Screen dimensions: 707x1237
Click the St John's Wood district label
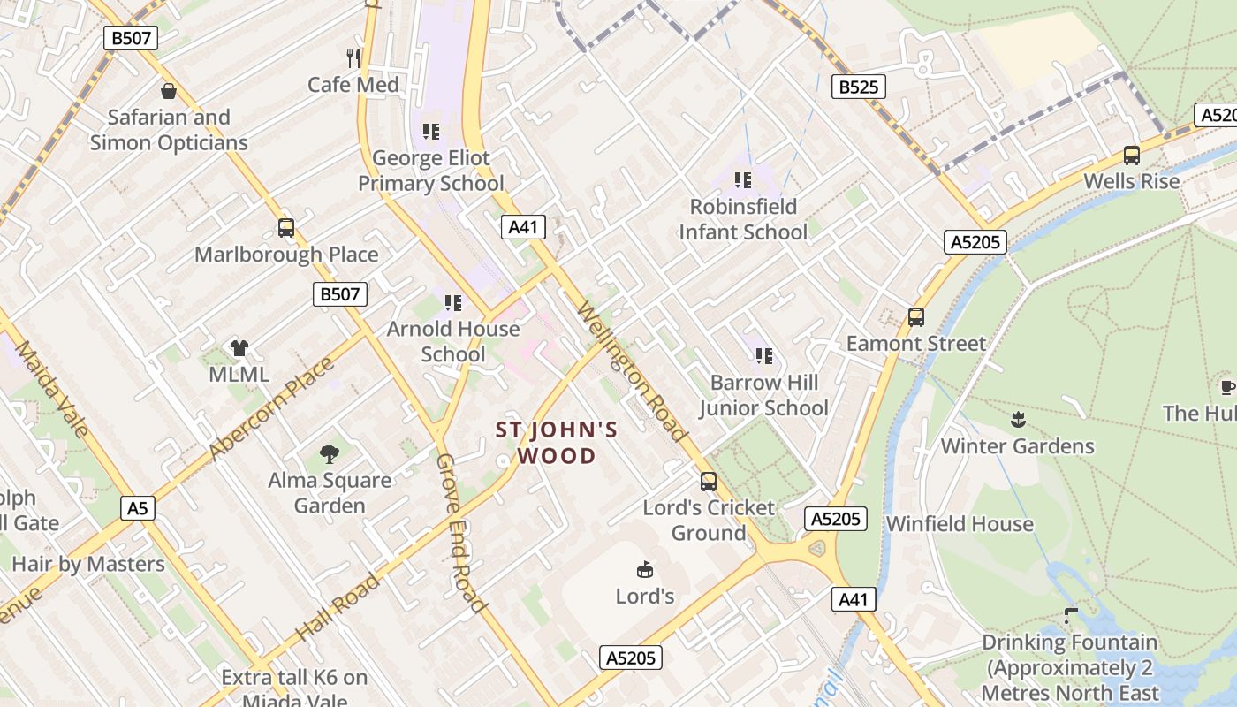pos(557,443)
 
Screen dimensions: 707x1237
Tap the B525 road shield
pos(858,87)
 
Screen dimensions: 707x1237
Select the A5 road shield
pos(137,508)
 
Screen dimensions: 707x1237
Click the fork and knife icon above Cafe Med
pos(353,58)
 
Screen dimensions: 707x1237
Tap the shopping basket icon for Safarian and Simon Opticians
pos(168,90)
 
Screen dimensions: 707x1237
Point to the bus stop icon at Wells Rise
pos(1131,156)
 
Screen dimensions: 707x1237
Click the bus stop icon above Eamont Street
pos(915,317)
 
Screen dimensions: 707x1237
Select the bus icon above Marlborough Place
pos(285,228)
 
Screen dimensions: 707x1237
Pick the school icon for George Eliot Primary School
pos(430,132)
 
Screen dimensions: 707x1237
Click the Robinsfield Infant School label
pos(742,219)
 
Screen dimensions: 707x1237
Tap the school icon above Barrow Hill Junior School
pos(763,356)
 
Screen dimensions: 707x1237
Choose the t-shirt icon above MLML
pos(239,347)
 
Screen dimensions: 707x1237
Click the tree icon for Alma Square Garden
pos(330,454)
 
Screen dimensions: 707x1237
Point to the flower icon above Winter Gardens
pos(1017,419)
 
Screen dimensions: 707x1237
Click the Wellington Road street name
pos(631,371)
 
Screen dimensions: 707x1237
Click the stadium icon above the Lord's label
pos(644,570)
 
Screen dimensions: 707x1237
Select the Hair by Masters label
pos(88,564)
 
